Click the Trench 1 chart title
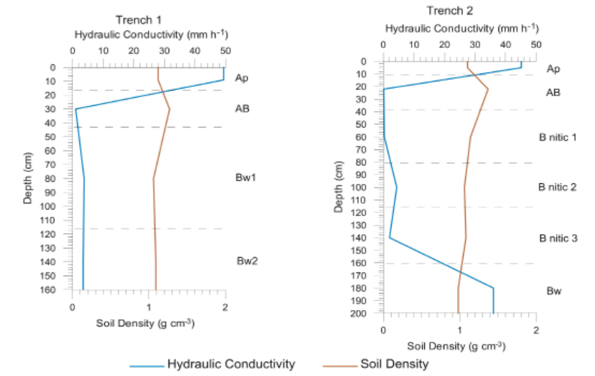tap(139, 20)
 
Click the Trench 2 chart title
tap(450, 11)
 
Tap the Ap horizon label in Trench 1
tap(242, 78)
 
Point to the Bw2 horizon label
tap(247, 261)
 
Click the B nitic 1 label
tap(557, 137)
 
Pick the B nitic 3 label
tap(558, 238)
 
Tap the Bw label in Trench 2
tap(554, 291)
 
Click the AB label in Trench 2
tap(553, 93)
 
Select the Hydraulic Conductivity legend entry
tap(231, 364)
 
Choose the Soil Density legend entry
tap(394, 364)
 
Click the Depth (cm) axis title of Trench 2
tap(339, 187)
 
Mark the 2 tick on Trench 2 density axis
tap(536, 330)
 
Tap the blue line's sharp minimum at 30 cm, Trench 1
tap(76, 109)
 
